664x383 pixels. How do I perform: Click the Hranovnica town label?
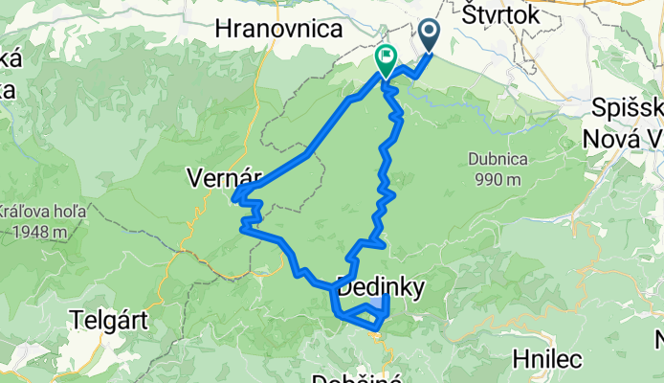click(279, 30)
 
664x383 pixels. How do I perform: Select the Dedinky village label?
click(380, 285)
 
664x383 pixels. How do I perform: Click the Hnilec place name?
click(546, 359)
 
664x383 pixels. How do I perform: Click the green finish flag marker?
click(385, 59)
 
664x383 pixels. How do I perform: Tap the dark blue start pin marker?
click(428, 35)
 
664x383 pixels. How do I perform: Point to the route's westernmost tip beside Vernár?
click(233, 198)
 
